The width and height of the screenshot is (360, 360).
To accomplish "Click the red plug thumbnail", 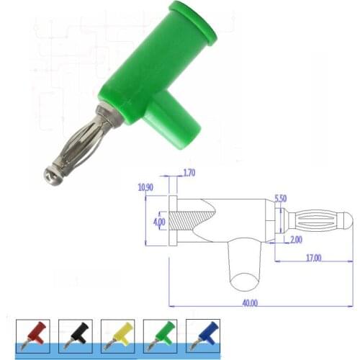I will pyautogui.click(x=34, y=336).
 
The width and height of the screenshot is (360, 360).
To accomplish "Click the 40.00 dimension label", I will pyautogui.click(x=249, y=303).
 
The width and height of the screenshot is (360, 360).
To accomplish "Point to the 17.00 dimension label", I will pyautogui.click(x=312, y=257).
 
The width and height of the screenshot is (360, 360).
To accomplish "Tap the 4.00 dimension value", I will pyautogui.click(x=159, y=221).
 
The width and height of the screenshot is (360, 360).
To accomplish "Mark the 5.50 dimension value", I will pyautogui.click(x=282, y=197).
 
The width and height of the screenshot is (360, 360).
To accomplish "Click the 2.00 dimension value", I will pyautogui.click(x=296, y=239).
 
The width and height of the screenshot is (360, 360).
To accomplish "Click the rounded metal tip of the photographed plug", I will pyautogui.click(x=49, y=174).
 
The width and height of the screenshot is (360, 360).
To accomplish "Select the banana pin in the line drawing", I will pyautogui.click(x=317, y=220).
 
